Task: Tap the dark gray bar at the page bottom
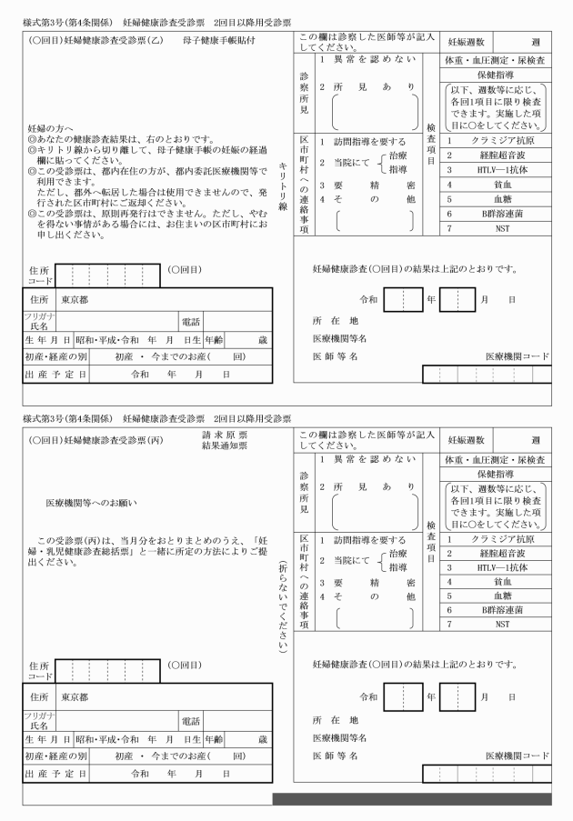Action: [x=411, y=798]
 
